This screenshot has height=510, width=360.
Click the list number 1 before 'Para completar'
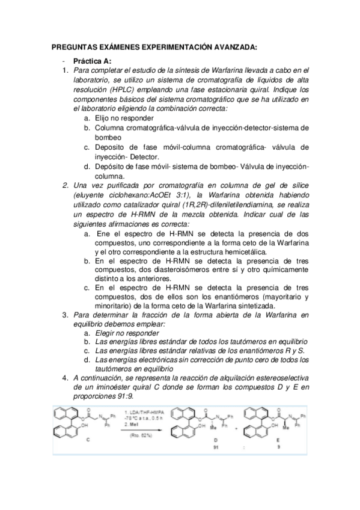[x=66, y=72]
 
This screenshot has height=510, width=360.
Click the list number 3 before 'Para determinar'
[x=66, y=315]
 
